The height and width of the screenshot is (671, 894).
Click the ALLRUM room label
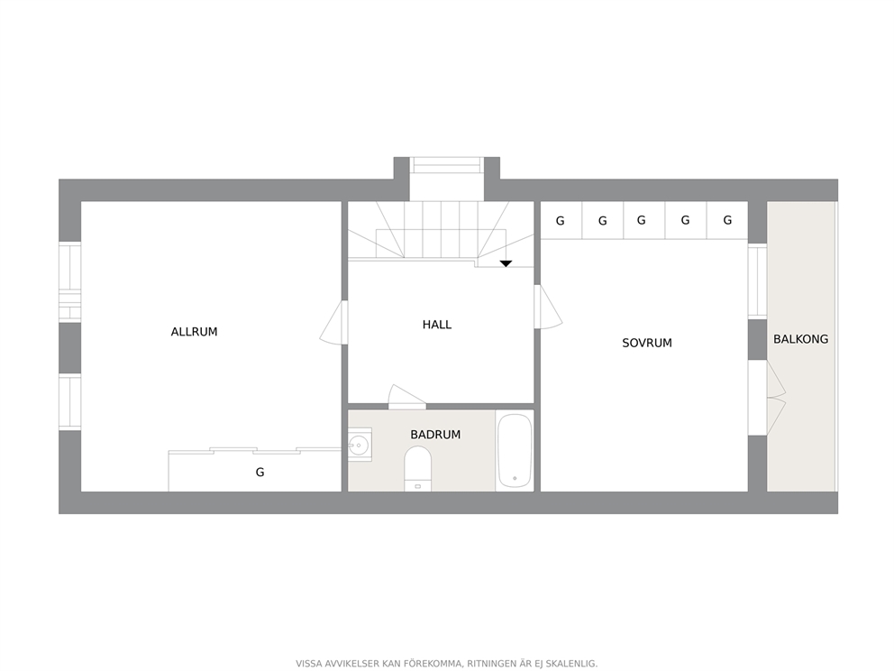pos(194,332)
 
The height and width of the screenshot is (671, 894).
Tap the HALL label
pos(437,325)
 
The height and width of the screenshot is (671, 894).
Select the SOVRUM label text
pos(647,343)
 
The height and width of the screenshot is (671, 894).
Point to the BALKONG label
pos(800,339)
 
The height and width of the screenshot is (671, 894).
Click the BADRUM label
pos(435,435)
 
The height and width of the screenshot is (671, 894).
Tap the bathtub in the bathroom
pos(515,451)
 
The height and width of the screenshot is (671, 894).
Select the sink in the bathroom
pos(359,445)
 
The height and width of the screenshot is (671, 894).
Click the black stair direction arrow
pos(506,263)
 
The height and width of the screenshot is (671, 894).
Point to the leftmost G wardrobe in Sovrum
pos(560,221)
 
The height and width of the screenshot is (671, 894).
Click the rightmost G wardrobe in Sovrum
pos(727,221)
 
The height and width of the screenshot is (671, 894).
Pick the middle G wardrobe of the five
pos(642,221)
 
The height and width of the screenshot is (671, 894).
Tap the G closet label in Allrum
pos(260,472)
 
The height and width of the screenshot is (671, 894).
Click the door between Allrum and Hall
pos(333,323)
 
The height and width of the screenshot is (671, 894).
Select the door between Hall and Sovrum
pos(547,308)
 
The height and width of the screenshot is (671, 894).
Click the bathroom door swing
pos(405,398)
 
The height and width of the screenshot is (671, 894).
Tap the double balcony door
pos(775,398)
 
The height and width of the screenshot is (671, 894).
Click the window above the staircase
pos(447,165)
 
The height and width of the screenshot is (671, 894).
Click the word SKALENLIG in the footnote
pos(567,664)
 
